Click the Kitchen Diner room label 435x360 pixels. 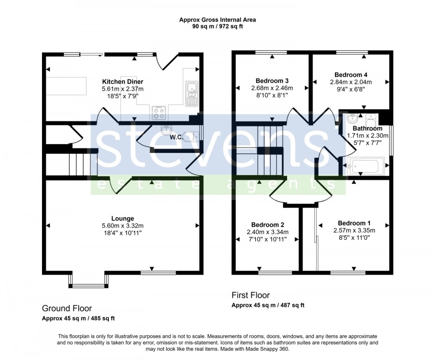pos(123,82)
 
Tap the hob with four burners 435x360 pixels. pos(159,113)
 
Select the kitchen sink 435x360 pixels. pos(191,94)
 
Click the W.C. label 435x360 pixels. pos(176,137)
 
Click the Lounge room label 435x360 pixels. pos(123,219)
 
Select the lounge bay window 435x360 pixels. pos(88,281)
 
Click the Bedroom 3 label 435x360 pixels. pos(272,81)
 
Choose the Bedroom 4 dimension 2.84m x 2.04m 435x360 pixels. pos(351,82)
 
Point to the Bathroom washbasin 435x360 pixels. pos(353,120)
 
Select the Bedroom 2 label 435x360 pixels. pos(267,225)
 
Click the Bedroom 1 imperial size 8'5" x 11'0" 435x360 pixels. pos(354,238)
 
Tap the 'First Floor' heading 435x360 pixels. pos(250,295)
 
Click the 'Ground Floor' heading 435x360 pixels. pos(67,308)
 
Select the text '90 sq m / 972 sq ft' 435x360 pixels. pos(217,27)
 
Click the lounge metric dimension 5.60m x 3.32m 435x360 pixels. pos(123,226)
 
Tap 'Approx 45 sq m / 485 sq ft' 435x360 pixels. pos(78,318)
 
